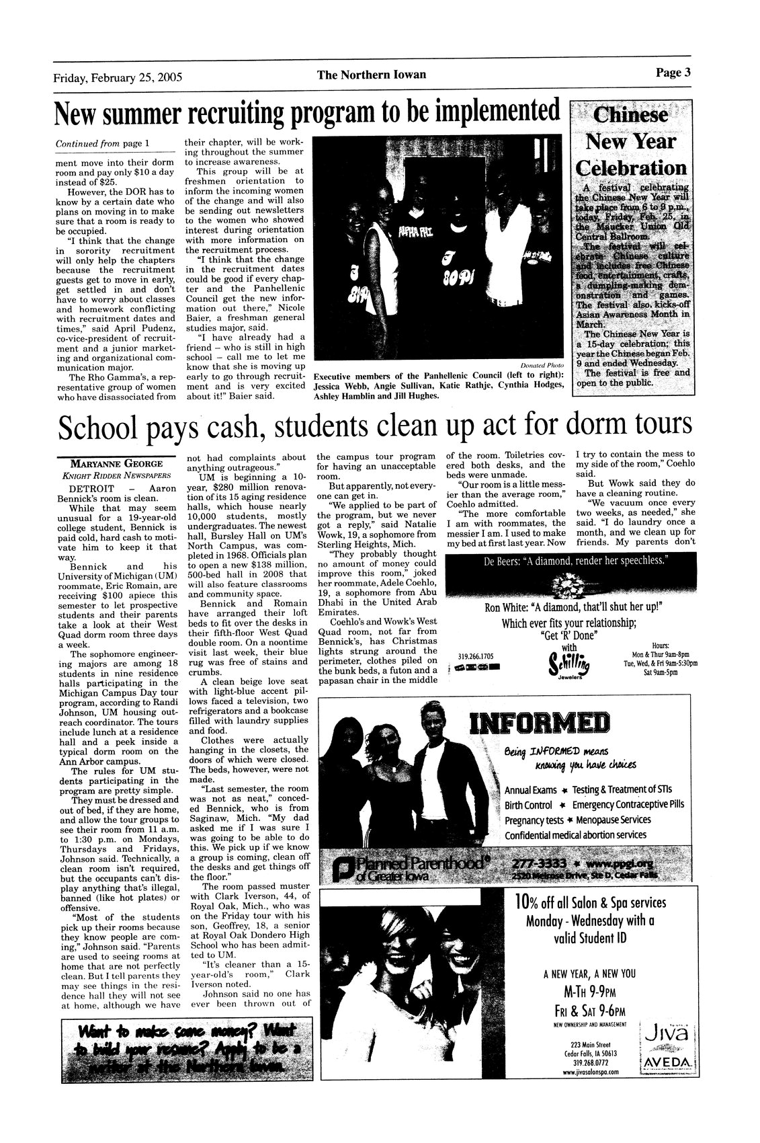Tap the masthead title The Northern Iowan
tap(372, 75)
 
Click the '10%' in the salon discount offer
tap(530, 903)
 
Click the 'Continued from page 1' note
tap(102, 143)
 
